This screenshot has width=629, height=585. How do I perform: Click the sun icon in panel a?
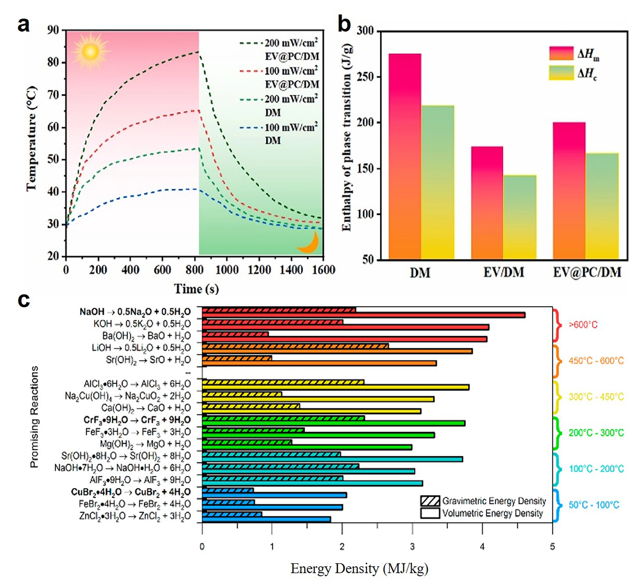pyautogui.click(x=90, y=51)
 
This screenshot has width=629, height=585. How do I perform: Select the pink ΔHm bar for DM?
pyautogui.click(x=405, y=157)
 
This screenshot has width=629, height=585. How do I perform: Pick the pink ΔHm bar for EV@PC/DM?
pyautogui.click(x=569, y=191)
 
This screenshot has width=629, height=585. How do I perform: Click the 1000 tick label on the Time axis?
pyautogui.click(x=227, y=270)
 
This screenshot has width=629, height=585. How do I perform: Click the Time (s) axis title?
pyautogui.click(x=196, y=289)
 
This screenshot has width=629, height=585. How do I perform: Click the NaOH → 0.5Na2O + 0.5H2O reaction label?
pyautogui.click(x=135, y=312)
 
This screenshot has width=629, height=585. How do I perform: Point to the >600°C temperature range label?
pyautogui.click(x=583, y=325)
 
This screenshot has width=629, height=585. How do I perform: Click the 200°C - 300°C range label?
pyautogui.click(x=596, y=433)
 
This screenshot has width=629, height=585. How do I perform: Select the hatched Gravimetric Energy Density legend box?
pyautogui.click(x=430, y=501)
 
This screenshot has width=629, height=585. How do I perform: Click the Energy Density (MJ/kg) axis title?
pyautogui.click(x=359, y=568)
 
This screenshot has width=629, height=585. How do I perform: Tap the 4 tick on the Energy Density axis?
pyautogui.click(x=482, y=547)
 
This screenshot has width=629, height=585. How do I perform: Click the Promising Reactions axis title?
pyautogui.click(x=34, y=417)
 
